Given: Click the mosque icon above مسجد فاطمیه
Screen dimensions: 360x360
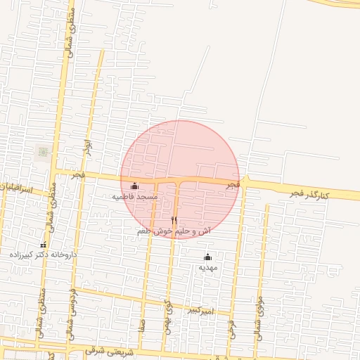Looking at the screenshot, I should (x=135, y=186).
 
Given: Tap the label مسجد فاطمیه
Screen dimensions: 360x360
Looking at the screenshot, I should (x=135, y=198).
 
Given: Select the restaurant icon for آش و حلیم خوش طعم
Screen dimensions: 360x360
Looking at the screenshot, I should (x=174, y=221).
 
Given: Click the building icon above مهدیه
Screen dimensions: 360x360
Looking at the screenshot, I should (x=207, y=257).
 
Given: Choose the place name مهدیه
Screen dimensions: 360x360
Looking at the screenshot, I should (x=207, y=268).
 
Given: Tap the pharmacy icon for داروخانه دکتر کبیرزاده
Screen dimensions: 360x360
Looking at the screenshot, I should (x=43, y=244).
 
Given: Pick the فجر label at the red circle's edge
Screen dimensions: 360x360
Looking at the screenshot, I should (x=233, y=184).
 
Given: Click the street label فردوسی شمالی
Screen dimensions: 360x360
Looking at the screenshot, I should (x=72, y=309).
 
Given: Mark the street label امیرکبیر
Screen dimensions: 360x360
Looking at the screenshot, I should (x=205, y=309).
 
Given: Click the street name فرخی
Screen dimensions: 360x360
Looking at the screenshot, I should (x=231, y=328).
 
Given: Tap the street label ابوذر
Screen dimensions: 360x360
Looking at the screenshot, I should (x=88, y=148).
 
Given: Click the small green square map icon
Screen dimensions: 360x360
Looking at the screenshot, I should (x=43, y=152).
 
